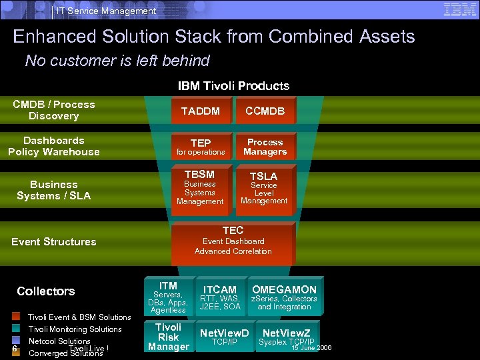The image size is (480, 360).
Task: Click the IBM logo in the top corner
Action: [460, 9]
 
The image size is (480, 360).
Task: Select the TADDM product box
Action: [201, 111]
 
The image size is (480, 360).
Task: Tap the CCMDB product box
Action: [265, 111]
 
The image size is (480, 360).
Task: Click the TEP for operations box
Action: [201, 147]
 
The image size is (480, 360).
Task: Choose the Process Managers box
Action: [265, 147]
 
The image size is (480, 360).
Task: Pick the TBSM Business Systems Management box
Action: [200, 189]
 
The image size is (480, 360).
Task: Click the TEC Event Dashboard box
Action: [233, 242]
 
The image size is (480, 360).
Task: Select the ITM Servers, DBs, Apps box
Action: [168, 297]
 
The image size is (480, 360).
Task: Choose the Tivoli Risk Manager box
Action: [168, 337]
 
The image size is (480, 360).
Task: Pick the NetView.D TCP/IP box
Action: [224, 337]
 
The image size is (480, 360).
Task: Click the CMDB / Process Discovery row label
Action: [54, 110]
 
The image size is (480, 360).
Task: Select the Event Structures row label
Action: [54, 241]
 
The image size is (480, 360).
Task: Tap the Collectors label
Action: [46, 291]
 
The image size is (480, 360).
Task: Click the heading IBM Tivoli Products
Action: [233, 85]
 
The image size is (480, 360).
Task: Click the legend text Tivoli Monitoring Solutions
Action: [75, 329]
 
